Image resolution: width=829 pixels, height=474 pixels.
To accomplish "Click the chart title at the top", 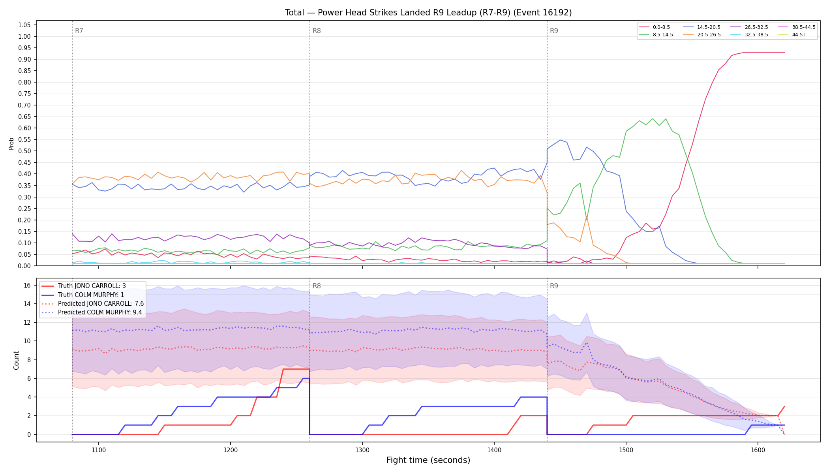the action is (x=428, y=13).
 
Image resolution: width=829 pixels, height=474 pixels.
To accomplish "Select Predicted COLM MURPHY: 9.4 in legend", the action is (x=92, y=312).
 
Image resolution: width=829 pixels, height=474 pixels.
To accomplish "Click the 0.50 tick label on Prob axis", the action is (x=24, y=151).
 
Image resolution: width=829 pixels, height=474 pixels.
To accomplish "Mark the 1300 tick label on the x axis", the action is (x=362, y=450).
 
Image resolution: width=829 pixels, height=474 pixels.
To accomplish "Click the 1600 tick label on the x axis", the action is (x=758, y=450).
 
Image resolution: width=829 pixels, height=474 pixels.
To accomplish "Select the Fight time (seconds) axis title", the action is (x=428, y=460).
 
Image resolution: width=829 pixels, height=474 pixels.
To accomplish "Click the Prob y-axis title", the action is (x=11, y=143).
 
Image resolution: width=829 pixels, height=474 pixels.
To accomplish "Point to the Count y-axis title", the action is (x=16, y=360).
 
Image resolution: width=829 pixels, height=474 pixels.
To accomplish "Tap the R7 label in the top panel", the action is (x=79, y=31).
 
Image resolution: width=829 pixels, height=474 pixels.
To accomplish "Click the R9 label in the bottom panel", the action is (x=554, y=286).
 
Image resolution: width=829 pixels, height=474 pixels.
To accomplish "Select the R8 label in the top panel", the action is (x=317, y=31).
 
